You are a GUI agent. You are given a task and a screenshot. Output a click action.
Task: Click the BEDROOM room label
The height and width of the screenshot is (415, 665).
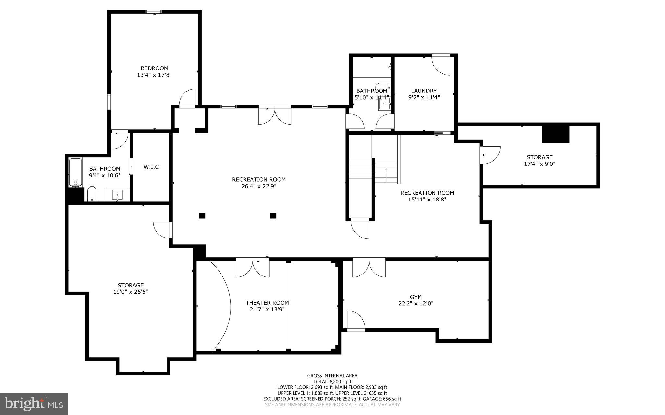[154, 68]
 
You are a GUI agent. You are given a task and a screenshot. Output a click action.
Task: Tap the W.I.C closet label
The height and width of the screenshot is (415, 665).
[151, 167]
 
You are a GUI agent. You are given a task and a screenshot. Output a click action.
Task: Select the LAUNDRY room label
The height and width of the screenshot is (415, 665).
[424, 91]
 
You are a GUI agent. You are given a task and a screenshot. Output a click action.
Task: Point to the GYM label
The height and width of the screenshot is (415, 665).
[416, 297]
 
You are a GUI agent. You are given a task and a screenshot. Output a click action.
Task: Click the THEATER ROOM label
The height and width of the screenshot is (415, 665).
[267, 303]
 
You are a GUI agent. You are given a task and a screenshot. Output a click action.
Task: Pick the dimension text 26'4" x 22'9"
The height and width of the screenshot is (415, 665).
[259, 186]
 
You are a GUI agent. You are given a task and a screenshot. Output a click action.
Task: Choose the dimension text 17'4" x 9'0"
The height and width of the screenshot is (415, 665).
[539, 164]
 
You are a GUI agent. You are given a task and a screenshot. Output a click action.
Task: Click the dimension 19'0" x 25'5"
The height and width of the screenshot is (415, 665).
[131, 292]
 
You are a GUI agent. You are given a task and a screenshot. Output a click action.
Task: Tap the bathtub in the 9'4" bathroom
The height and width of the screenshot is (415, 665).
[75, 172]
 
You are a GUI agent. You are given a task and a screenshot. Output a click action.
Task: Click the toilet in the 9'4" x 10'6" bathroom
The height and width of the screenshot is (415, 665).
[92, 194]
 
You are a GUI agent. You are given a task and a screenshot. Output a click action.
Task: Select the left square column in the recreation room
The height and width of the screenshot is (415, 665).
[202, 215]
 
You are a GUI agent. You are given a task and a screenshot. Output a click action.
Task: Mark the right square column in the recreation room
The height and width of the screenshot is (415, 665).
[273, 215]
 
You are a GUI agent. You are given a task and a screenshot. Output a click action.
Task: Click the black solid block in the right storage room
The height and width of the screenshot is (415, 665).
[556, 134]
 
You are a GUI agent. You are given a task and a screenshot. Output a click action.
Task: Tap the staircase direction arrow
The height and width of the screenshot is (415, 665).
[386, 175]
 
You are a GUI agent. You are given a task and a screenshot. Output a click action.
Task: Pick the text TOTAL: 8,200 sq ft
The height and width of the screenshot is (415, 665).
[332, 382]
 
